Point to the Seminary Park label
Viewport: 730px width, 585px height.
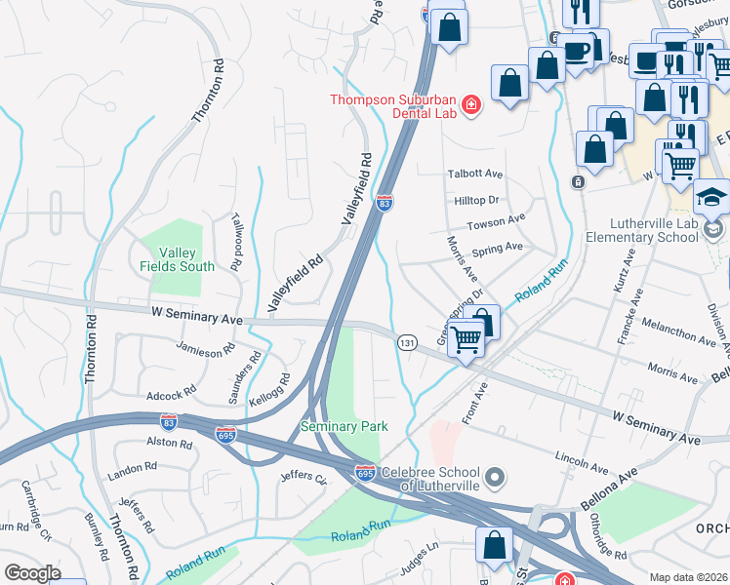[x=345, y=426]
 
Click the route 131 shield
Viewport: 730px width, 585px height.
[x=407, y=342]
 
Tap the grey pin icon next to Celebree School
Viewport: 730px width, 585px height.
[x=496, y=477]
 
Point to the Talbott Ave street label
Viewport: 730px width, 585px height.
[x=474, y=175]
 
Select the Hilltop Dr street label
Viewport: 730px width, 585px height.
[x=476, y=200]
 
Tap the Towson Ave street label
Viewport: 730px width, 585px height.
[x=496, y=223]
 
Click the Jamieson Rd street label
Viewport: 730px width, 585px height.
[x=206, y=347]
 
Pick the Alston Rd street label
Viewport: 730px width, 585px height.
[x=169, y=442]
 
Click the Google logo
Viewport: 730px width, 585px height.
[x=32, y=572]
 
